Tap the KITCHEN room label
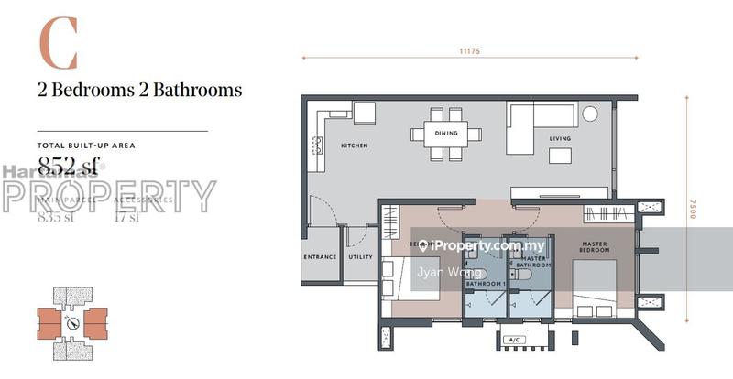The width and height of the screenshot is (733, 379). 355,146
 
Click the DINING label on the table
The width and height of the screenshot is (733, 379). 446,133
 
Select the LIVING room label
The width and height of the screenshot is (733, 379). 560,139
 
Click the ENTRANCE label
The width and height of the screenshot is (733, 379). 320,257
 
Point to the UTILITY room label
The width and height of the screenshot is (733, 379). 361,257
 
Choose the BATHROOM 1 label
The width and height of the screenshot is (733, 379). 486,285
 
